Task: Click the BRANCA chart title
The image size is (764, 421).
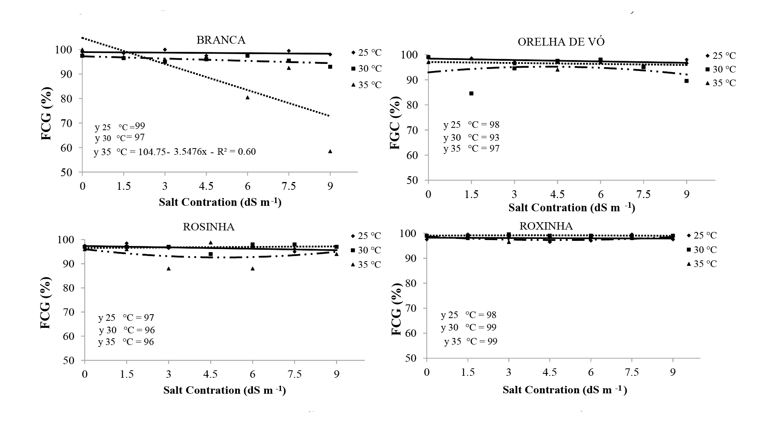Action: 221,40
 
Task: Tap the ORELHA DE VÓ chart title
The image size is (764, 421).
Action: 561,42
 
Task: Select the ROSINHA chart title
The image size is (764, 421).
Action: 209,227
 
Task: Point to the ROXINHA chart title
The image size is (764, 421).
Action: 546,226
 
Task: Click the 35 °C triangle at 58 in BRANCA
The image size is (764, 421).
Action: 330,151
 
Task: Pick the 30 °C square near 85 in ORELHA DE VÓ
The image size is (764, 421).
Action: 471,94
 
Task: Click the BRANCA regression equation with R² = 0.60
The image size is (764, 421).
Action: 175,152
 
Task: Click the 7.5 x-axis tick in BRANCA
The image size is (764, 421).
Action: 288,186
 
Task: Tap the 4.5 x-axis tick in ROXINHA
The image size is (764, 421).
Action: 550,373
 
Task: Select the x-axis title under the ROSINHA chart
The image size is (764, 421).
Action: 225,390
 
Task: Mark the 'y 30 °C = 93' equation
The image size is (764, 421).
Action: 471,138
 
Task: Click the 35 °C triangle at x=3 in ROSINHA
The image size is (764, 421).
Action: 169,269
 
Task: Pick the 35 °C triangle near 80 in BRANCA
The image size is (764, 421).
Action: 248,97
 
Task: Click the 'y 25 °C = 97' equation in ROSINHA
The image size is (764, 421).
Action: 126,318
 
